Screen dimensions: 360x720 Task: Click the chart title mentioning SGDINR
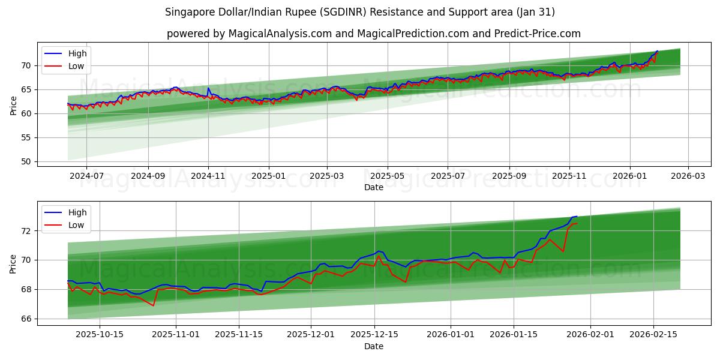360,12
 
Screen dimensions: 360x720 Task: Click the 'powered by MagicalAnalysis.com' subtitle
373,34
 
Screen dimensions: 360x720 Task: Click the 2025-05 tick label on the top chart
387,176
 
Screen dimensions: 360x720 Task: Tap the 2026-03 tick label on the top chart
688,176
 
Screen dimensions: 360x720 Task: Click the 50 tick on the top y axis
25,161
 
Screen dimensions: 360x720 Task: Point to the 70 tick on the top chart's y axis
25,65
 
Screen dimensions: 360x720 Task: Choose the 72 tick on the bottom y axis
25,231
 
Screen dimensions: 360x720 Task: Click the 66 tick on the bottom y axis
25,319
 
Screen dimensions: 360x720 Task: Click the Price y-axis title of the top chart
13,105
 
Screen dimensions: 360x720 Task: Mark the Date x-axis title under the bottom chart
373,346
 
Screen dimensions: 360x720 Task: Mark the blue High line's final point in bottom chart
577,216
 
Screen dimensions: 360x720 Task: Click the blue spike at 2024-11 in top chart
208,88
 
